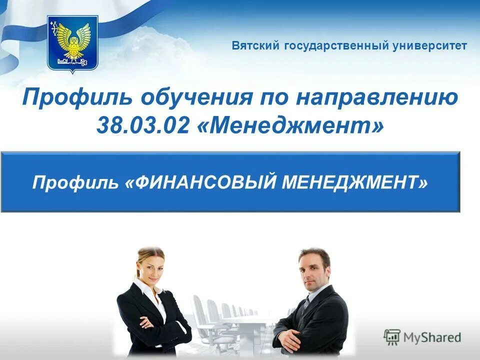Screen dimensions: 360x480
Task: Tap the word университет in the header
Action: click(x=430, y=46)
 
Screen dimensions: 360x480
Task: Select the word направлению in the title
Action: click(x=376, y=97)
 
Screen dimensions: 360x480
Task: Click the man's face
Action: click(x=314, y=270)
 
